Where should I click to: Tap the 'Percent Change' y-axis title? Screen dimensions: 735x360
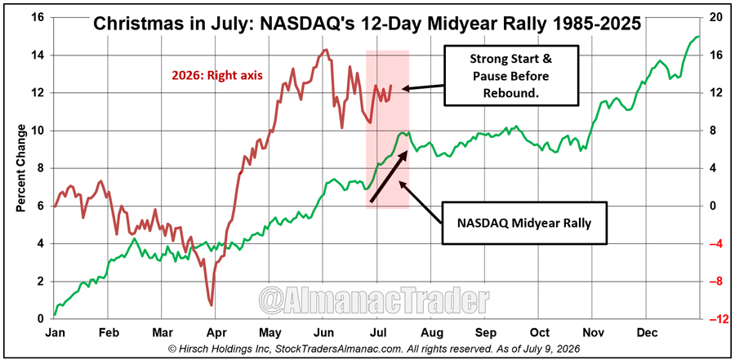21,168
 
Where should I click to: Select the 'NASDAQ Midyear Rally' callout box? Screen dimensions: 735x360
524,223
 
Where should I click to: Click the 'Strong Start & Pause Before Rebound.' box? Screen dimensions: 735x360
510,75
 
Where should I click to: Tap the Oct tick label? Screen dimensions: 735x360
540,332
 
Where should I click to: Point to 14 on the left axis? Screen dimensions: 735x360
38,56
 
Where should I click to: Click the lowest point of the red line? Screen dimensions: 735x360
212,305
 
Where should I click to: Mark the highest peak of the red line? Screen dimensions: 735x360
325,49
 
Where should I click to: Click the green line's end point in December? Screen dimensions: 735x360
699,37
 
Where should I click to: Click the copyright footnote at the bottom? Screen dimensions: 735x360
367,349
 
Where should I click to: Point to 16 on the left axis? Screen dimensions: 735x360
38,18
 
